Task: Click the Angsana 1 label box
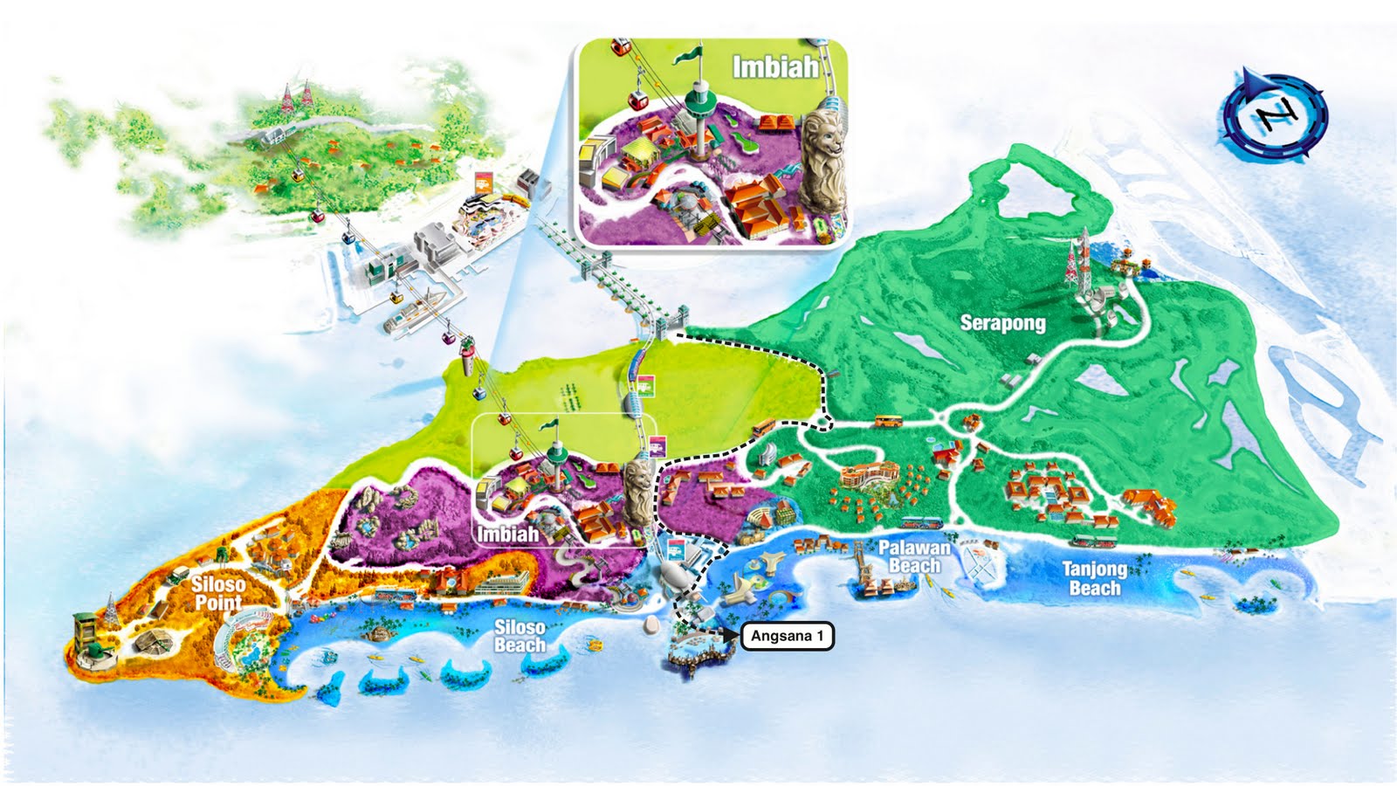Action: point(787,636)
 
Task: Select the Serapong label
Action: point(1002,323)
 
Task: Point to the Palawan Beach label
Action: point(914,556)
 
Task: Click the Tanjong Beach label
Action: point(1094,578)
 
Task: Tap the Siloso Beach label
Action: point(520,636)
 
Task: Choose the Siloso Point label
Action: point(218,593)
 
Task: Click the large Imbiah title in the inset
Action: point(774,67)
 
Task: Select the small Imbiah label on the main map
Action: point(507,534)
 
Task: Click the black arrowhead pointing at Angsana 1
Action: point(730,636)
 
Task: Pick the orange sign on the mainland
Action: point(482,184)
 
